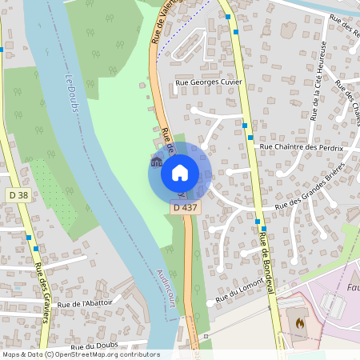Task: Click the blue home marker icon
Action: [179, 172]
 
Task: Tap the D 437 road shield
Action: [185, 207]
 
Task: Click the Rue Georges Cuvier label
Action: [208, 82]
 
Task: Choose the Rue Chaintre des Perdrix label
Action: [301, 148]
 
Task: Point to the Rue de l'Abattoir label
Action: [85, 304]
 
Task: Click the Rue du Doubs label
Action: [94, 346]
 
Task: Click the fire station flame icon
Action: [300, 324]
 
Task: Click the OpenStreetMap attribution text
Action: [81, 354]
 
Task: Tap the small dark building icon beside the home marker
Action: [154, 163]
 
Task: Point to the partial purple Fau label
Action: [352, 286]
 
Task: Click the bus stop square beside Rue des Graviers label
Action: [29, 238]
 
